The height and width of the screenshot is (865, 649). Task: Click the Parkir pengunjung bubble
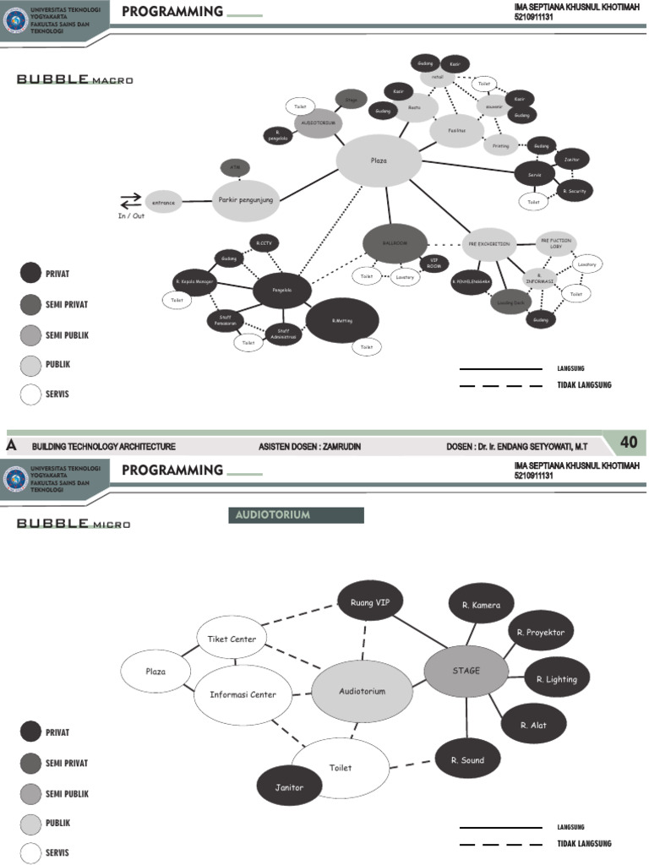(245, 200)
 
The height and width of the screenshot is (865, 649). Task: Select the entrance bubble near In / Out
(163, 202)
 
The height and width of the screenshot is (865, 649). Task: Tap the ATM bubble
(235, 168)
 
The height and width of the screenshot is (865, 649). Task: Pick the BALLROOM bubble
(395, 243)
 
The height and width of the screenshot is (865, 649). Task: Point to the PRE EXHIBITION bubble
(489, 243)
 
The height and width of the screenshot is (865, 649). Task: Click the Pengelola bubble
(282, 290)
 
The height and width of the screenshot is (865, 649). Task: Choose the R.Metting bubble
(342, 321)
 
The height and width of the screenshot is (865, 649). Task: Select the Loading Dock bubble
(511, 301)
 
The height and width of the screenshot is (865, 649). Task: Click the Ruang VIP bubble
(370, 601)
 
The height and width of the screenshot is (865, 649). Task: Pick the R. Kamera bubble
(481, 605)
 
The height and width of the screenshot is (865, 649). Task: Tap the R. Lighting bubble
(556, 678)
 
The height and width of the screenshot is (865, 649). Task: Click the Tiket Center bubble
(232, 639)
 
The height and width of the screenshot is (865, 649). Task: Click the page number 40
(629, 443)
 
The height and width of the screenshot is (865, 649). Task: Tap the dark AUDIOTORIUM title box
(296, 514)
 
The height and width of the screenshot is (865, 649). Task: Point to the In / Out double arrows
(131, 200)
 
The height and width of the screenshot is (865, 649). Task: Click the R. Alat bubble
(533, 724)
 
